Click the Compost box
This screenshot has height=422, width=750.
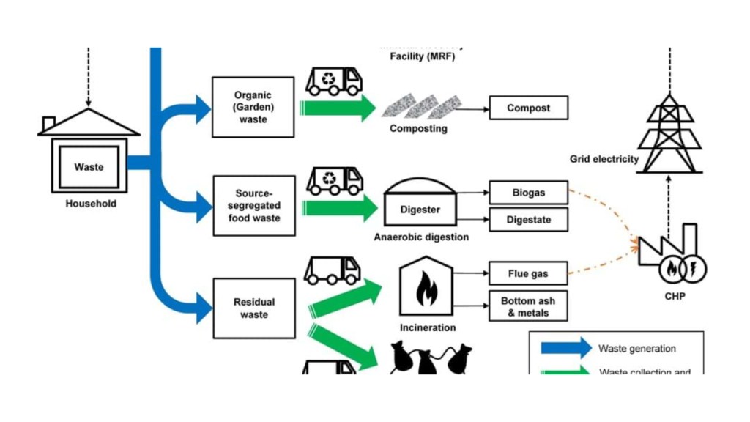point(528,108)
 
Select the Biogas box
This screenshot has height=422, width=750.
point(528,193)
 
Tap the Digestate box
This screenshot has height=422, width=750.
point(528,220)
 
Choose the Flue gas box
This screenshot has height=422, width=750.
point(528,274)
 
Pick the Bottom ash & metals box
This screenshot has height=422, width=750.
point(528,307)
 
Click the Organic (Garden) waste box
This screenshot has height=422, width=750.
point(253,107)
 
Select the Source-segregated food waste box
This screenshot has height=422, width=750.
point(253,205)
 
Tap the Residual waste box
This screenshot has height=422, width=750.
point(253,308)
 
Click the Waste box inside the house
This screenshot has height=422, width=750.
point(89,167)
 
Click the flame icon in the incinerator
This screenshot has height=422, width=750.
point(425,290)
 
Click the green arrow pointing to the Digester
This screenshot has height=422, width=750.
point(338,207)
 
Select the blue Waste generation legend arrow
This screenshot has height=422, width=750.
point(565,349)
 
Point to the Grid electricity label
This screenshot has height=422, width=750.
point(604,159)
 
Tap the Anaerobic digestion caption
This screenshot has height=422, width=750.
point(421,237)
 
